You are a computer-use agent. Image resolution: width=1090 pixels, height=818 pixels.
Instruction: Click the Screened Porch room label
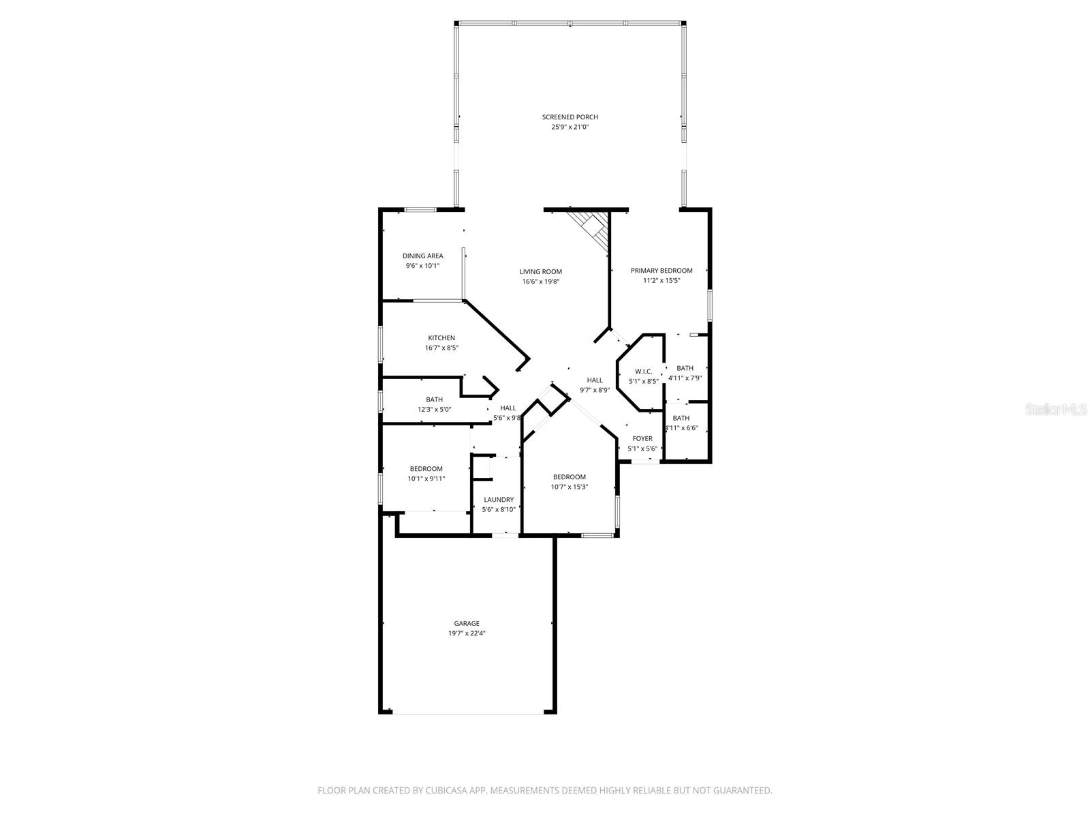click(570, 117)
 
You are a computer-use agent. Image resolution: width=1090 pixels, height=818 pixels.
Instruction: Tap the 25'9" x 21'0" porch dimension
click(570, 127)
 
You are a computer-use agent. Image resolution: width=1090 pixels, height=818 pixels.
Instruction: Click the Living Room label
click(540, 272)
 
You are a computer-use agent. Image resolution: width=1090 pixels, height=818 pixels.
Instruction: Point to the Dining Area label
click(422, 256)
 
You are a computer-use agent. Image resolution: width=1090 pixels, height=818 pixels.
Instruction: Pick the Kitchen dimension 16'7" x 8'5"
click(441, 348)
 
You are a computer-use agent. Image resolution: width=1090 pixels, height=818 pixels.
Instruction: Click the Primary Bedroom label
click(661, 271)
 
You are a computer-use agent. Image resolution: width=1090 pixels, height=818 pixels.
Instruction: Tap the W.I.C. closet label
click(643, 372)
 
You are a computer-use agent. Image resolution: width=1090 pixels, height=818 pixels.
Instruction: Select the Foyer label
click(642, 439)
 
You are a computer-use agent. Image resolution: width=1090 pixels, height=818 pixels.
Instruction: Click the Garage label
click(467, 623)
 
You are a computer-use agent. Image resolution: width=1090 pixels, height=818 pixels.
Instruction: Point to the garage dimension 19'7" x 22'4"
click(467, 633)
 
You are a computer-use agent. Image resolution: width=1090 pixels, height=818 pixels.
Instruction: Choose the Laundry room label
click(498, 500)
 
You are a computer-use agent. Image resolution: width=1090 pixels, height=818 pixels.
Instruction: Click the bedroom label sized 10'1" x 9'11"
click(426, 469)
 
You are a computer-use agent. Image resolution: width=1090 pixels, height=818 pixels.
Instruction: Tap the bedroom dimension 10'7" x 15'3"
click(569, 487)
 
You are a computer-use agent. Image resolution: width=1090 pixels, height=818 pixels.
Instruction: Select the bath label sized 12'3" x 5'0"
click(434, 400)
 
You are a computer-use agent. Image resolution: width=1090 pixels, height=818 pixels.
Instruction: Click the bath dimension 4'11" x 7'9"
click(685, 378)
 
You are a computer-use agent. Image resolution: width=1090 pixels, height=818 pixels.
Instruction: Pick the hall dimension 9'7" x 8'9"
click(594, 390)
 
